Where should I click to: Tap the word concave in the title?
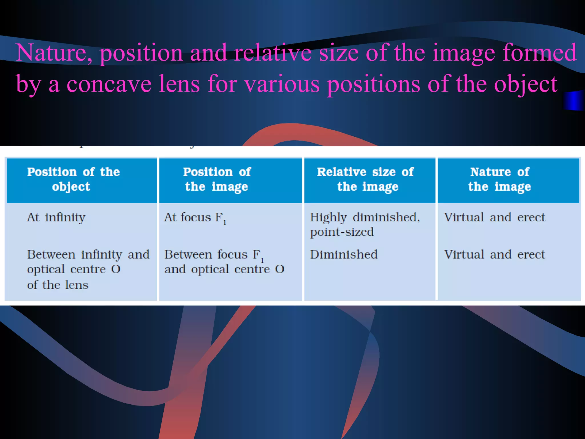(x=109, y=84)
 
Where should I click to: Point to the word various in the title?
(x=282, y=84)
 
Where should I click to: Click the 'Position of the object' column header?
(x=73, y=179)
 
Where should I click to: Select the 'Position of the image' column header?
(x=217, y=179)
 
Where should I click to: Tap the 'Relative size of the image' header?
(x=366, y=179)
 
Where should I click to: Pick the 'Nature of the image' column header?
(x=500, y=179)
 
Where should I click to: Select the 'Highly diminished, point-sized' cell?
(x=365, y=225)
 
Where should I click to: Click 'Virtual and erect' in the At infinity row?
(x=494, y=217)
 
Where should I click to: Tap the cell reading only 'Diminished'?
(x=344, y=255)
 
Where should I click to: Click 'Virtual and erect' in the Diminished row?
(x=494, y=255)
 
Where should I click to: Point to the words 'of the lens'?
(x=58, y=285)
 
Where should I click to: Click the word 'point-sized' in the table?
(x=342, y=232)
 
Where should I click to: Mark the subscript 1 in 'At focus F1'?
(x=225, y=222)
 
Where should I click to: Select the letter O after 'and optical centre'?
(x=280, y=269)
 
